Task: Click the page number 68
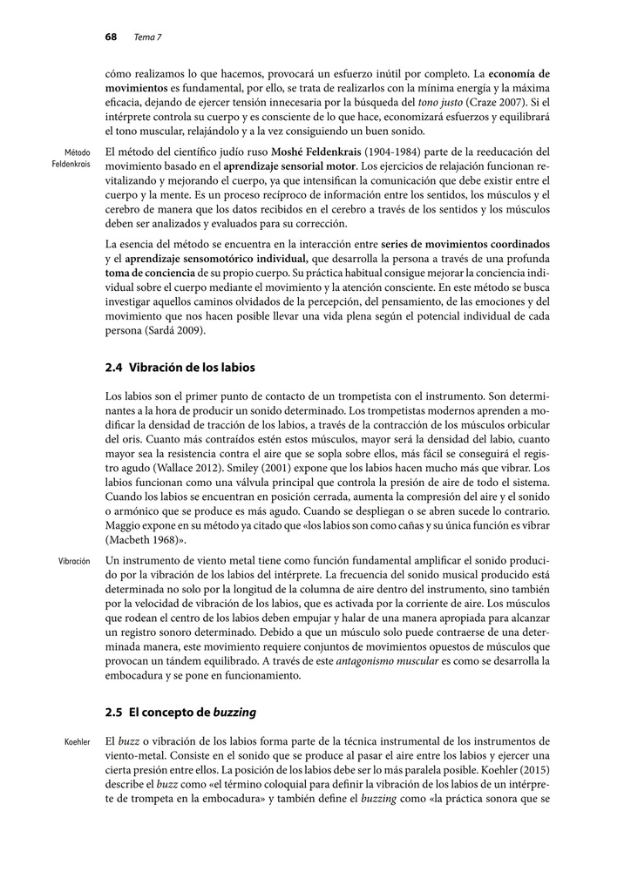point(111,37)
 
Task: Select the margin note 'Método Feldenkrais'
point(71,158)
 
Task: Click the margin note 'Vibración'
point(74,561)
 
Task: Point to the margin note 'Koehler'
point(78,741)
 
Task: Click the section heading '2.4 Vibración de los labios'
point(180,367)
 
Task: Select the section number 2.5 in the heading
point(113,712)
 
